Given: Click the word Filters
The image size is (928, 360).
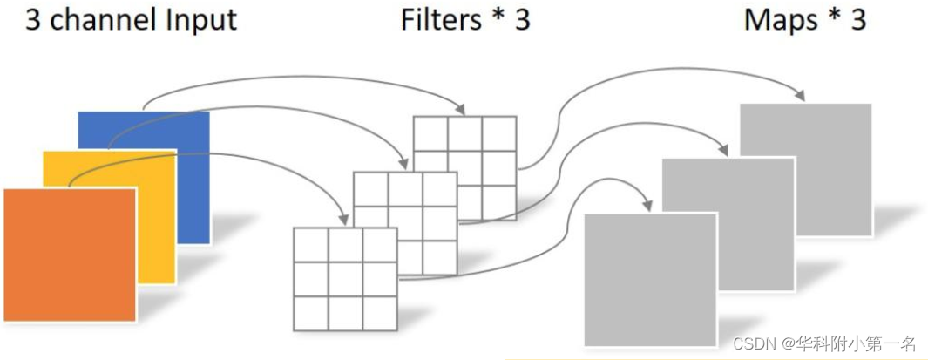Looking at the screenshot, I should (x=441, y=19).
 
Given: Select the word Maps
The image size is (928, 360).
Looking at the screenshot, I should (x=782, y=19).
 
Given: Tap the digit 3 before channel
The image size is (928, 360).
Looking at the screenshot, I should (x=33, y=19).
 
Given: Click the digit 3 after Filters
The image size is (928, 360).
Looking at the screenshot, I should (x=521, y=19).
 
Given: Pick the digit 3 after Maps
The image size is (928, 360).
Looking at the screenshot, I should (x=857, y=19).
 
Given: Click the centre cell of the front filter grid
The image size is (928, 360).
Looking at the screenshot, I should (x=345, y=279).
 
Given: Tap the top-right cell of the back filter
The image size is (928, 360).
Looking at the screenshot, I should (x=499, y=133).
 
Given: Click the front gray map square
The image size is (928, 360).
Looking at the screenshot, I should (x=649, y=279).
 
